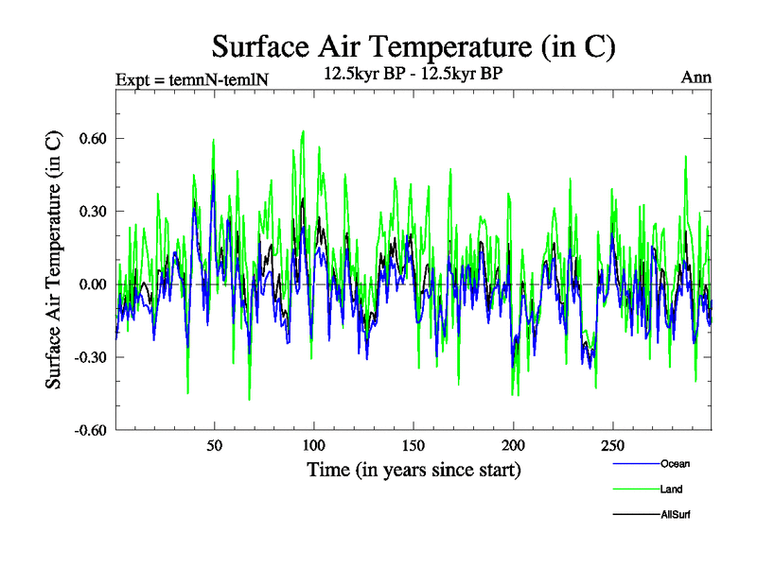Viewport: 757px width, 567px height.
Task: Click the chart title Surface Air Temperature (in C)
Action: click(414, 45)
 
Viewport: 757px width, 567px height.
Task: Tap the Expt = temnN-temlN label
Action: click(192, 78)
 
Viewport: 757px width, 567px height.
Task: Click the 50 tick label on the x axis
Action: click(215, 446)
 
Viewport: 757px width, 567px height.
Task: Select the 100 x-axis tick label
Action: click(314, 446)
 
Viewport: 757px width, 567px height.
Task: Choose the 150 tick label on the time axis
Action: click(414, 446)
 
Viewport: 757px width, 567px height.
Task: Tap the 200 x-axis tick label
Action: click(513, 446)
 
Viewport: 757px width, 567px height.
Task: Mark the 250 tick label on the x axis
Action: click(612, 446)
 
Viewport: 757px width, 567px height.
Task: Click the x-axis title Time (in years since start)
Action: click(414, 469)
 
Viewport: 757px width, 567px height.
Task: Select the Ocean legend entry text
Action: click(676, 463)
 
